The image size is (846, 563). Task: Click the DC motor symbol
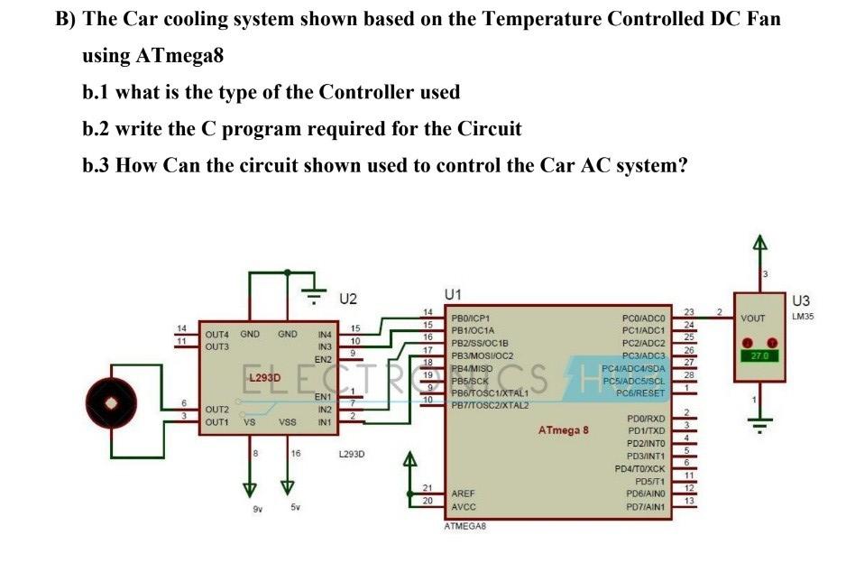[x=113, y=397]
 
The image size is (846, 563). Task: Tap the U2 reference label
[x=348, y=299]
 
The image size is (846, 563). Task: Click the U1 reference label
[x=454, y=294]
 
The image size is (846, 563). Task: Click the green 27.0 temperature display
[x=759, y=355]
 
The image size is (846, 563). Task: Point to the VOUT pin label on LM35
[x=752, y=318]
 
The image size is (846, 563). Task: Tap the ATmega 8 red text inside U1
[x=563, y=430]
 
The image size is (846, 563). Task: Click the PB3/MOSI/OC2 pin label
[x=483, y=355]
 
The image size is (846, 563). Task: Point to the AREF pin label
[x=464, y=494]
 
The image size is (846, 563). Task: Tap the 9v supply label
[x=257, y=507]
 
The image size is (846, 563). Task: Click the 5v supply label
[x=295, y=507]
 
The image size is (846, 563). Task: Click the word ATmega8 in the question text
[x=179, y=55]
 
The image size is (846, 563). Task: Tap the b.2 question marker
[x=97, y=128]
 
